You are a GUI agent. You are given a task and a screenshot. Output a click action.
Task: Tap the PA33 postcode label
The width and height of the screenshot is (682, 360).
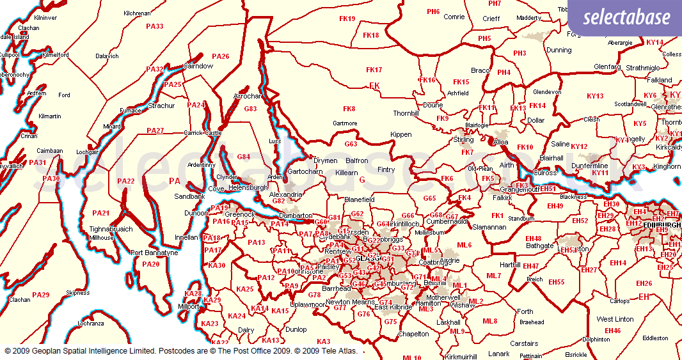click(155, 26)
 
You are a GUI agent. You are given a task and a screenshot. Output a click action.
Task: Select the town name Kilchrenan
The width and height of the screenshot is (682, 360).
click(137, 13)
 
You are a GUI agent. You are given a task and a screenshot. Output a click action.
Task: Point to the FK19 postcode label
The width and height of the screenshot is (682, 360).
click(347, 19)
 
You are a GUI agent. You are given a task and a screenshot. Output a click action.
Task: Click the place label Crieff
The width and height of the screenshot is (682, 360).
click(491, 19)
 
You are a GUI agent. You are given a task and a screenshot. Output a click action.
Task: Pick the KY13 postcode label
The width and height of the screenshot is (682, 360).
click(595, 96)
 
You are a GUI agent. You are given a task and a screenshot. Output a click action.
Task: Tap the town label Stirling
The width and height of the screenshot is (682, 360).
click(463, 139)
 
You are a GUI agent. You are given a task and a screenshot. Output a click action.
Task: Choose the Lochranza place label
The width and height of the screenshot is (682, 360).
click(90, 324)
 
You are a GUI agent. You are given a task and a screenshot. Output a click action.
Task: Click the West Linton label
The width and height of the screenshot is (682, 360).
click(615, 319)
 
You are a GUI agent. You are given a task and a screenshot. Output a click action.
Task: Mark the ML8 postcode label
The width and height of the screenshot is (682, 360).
click(489, 321)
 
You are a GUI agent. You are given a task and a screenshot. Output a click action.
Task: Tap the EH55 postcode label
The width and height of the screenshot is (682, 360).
click(556, 282)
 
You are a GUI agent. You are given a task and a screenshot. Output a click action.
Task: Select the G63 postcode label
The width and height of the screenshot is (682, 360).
click(351, 144)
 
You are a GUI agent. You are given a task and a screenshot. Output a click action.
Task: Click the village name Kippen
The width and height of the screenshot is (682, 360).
click(401, 135)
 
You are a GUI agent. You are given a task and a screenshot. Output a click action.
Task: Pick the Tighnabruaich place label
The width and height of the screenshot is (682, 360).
click(111, 229)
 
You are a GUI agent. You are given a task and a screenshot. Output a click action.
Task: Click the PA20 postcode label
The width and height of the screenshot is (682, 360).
click(151, 264)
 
